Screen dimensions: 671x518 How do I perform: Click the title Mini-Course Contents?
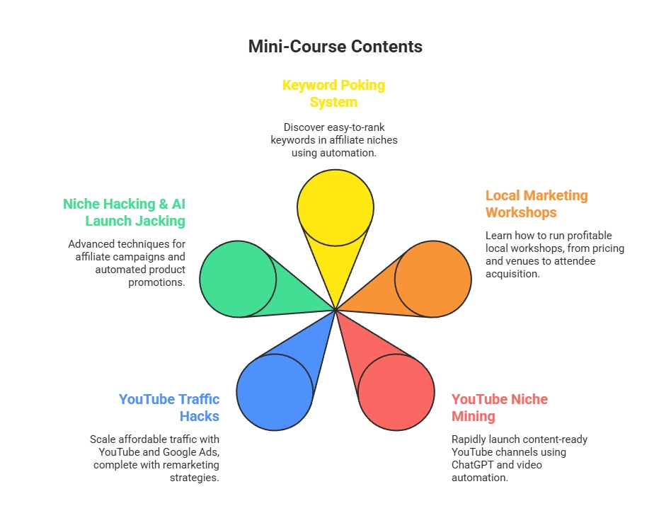tap(335, 47)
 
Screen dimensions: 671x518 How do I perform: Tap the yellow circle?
tap(335, 207)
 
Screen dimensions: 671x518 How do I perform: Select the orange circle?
tap(433, 279)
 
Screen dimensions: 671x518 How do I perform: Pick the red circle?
tap(396, 392)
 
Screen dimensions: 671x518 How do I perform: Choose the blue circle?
tap(275, 392)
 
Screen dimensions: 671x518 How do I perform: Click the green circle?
tap(238, 279)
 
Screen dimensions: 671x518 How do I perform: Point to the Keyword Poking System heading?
tap(334, 93)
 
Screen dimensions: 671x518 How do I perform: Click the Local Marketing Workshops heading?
tap(537, 204)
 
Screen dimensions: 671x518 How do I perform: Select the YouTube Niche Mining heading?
tap(500, 408)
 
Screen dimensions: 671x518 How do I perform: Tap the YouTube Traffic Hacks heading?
tap(169, 408)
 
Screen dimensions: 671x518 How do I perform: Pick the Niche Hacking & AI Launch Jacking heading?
tap(124, 212)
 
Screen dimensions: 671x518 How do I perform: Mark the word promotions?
tap(156, 283)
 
